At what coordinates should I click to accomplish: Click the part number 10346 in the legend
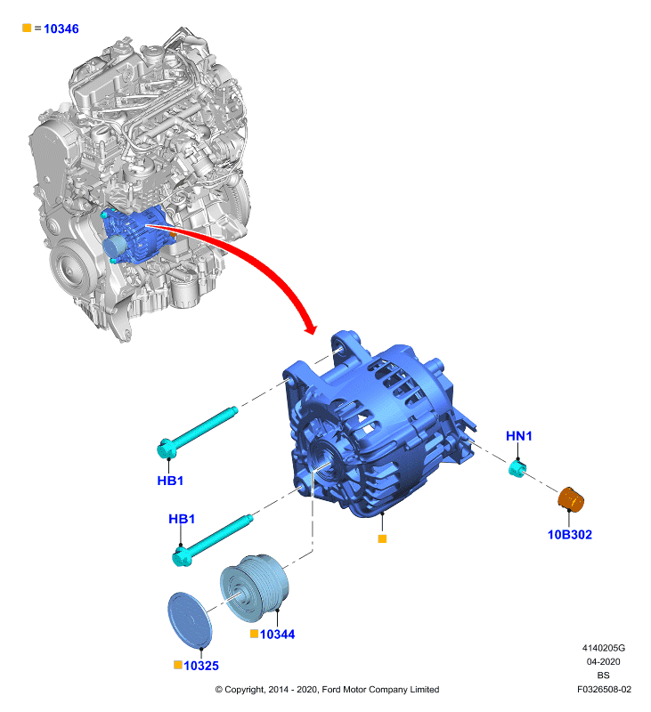point(61,29)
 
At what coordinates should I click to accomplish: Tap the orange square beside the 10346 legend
point(27,28)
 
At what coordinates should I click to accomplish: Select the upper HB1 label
point(170,481)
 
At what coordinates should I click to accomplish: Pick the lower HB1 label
point(182,519)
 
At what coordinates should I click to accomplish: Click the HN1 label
point(519,436)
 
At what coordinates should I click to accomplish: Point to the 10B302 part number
point(570,535)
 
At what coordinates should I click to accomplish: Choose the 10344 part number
point(277,635)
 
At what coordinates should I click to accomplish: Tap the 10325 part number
point(201,666)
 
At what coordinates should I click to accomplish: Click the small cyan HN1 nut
point(517,469)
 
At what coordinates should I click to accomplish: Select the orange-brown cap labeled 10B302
point(571,499)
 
